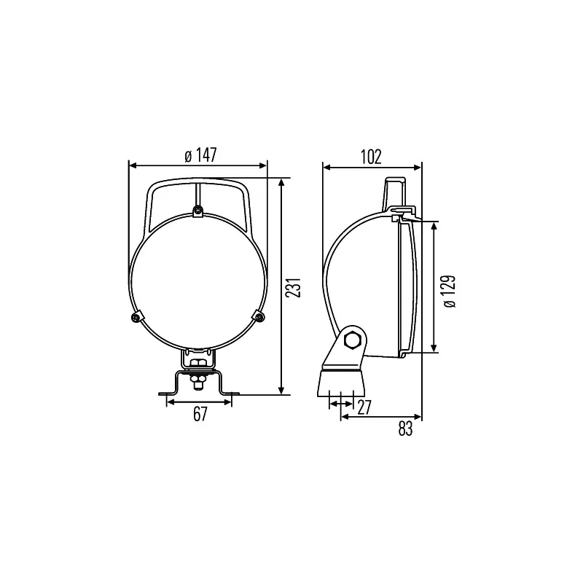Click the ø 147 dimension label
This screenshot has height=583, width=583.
tap(200, 155)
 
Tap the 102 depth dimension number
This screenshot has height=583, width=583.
tap(371, 155)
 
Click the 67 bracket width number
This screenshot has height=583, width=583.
tap(200, 414)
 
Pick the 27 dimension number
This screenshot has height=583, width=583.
tap(364, 407)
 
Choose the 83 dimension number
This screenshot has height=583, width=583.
tap(405, 429)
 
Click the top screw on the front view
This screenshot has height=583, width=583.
tap(197, 211)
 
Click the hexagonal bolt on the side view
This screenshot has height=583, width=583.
tap(355, 339)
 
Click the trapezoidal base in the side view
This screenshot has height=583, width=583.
tap(341, 382)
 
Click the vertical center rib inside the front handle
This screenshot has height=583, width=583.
tap(197, 195)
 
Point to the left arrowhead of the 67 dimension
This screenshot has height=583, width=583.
tap(170, 402)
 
